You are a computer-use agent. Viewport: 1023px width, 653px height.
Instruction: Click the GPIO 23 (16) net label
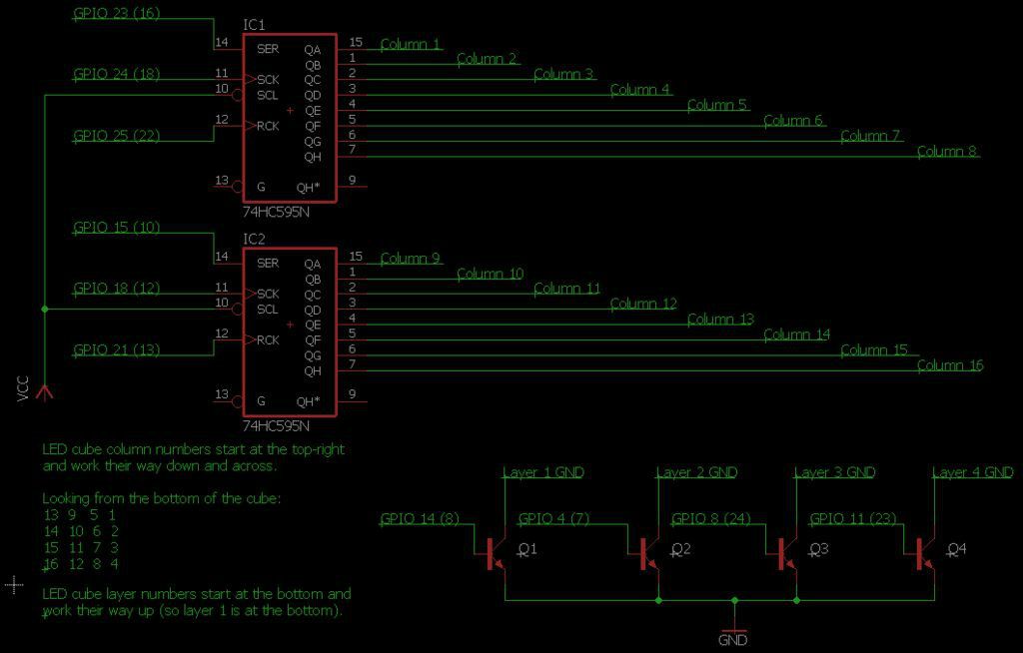[x=117, y=13]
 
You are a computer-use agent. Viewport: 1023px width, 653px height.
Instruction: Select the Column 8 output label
[x=947, y=152]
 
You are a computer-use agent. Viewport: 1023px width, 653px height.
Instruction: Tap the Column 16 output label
[x=950, y=365]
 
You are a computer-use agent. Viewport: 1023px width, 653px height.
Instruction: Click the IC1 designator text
[x=254, y=25]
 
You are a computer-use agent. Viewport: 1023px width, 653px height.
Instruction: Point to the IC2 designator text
[x=254, y=239]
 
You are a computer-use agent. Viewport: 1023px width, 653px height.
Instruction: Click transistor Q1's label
[x=527, y=549]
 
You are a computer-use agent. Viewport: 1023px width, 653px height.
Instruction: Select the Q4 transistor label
[x=956, y=549]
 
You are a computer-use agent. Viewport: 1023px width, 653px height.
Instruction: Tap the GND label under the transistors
[x=732, y=640]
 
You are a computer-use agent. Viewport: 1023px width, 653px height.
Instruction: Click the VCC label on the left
[x=23, y=388]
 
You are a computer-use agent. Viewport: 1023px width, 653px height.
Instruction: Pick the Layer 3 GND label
[x=834, y=472]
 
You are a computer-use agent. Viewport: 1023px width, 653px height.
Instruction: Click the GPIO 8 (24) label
[x=711, y=518]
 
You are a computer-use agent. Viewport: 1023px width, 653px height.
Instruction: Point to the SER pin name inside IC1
[x=268, y=49]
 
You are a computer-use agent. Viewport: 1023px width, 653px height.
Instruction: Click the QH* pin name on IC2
[x=308, y=401]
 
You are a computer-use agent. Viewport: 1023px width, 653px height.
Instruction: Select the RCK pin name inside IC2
[x=268, y=339]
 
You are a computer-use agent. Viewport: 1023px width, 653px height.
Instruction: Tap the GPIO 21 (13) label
[x=117, y=349]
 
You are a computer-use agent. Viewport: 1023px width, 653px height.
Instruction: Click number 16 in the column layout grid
[x=51, y=563]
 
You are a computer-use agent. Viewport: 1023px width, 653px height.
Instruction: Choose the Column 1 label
[x=411, y=44]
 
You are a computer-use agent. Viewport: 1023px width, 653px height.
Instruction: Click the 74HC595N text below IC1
[x=276, y=212]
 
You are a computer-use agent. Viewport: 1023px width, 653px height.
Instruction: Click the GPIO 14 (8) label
[x=420, y=518]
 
